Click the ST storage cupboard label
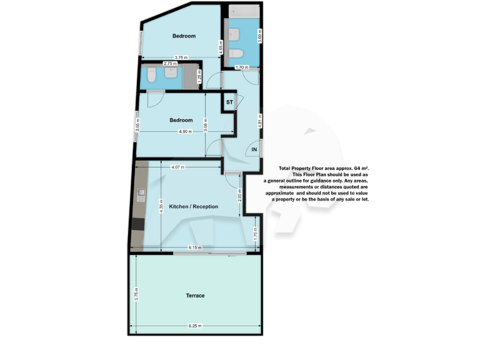coord(229,101)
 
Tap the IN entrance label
coord(254,150)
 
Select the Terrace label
coord(196,296)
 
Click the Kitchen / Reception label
coord(194,206)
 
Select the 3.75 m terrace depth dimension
coord(136,294)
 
